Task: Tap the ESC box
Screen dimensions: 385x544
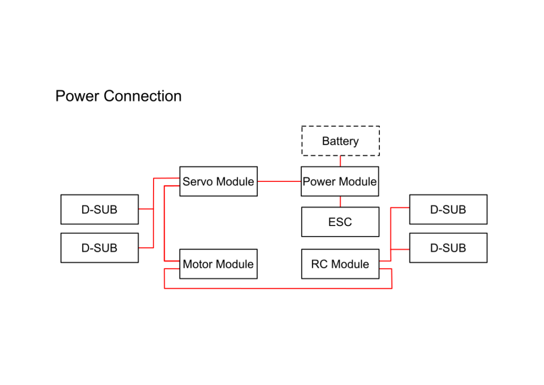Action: [340, 222]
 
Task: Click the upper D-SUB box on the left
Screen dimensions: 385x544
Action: [99, 209]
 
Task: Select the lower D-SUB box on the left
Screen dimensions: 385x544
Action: [99, 247]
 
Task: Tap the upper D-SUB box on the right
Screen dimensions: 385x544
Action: [448, 209]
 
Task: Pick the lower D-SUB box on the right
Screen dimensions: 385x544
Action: [448, 247]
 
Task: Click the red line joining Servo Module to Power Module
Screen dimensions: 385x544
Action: [279, 181]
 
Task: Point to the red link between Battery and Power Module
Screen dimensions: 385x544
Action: [340, 161]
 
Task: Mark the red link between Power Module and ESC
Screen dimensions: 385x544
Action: [340, 202]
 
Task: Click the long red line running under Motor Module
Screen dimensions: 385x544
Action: [276, 288]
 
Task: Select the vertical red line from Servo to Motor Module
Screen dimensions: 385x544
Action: [165, 223]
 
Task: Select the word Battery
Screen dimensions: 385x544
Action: [340, 141]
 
